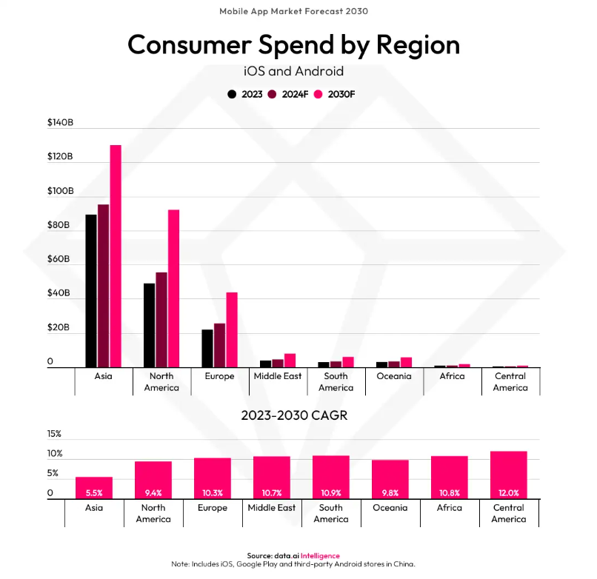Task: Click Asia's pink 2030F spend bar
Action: click(116, 255)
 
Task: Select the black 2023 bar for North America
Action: click(149, 325)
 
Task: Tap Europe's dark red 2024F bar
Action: click(219, 345)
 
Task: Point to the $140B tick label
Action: click(60, 122)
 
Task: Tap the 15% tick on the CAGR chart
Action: click(55, 434)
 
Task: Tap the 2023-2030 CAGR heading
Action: click(294, 415)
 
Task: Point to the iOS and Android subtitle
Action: click(294, 72)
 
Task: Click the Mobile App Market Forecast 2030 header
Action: click(294, 11)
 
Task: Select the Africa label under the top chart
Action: click(452, 376)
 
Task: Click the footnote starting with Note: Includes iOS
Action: click(294, 564)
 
